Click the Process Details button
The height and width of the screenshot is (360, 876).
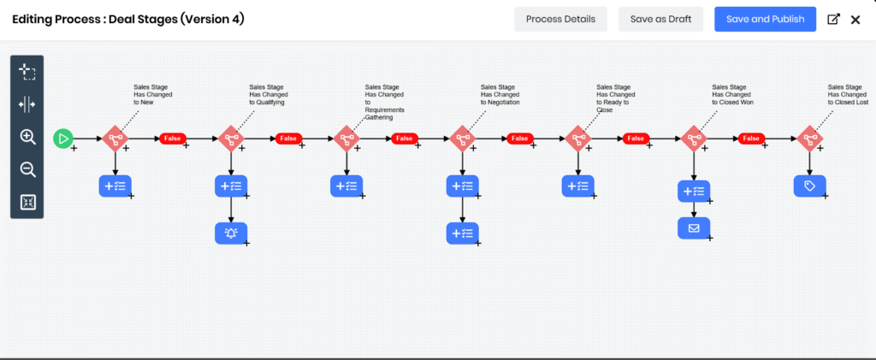(560, 19)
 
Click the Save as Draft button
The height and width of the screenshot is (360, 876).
(660, 19)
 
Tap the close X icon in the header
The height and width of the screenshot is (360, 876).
(855, 19)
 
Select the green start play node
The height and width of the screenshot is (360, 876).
(63, 138)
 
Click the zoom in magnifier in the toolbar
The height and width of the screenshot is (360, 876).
(27, 137)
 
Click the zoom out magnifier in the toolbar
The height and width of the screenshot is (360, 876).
(27, 169)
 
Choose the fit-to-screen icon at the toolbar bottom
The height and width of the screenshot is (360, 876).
(27, 202)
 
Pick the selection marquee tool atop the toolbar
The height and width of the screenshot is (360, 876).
(27, 72)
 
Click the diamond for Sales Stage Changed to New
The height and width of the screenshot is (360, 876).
(115, 138)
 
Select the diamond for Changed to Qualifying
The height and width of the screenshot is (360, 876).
(230, 138)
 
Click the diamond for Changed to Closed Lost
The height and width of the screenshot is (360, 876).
(809, 138)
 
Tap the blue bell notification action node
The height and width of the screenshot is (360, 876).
(230, 233)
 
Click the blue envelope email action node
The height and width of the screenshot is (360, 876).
(694, 228)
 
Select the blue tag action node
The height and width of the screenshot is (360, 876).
(809, 186)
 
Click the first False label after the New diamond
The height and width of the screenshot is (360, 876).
(172, 139)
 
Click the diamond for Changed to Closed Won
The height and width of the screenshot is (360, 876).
(694, 138)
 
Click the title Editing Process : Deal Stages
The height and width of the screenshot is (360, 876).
(128, 19)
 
